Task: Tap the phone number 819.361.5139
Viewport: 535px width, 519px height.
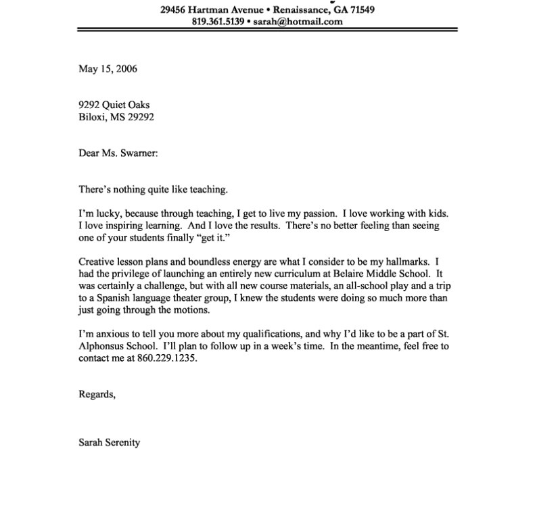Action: coord(218,22)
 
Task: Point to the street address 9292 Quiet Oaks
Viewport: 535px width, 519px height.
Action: coord(114,105)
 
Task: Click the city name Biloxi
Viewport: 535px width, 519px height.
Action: coord(93,116)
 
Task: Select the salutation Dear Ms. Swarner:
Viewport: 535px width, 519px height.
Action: coord(118,153)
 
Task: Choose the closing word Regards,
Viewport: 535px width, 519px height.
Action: coord(97,395)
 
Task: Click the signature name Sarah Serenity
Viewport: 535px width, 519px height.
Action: coord(110,443)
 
